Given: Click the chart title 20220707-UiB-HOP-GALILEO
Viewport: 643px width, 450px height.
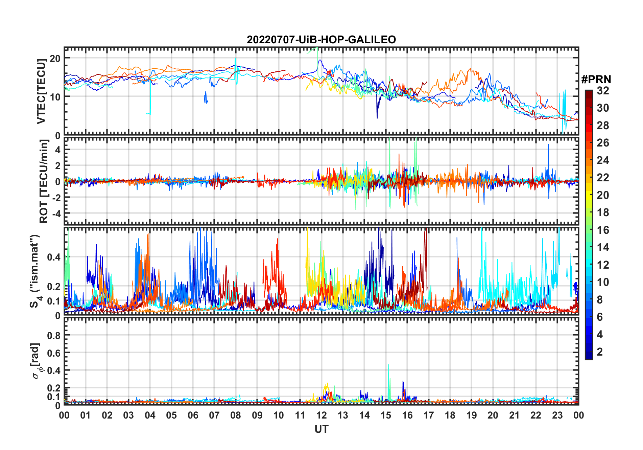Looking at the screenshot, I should pos(321,40).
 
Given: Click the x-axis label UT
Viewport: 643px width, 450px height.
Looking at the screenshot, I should pos(321,429).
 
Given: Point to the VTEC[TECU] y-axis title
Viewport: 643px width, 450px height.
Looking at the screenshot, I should pos(41,91).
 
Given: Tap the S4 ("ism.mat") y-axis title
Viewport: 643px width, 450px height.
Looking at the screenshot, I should pos(35,271).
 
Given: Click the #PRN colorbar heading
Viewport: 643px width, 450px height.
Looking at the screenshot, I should pos(596,80).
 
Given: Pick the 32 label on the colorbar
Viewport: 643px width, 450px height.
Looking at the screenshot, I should pos(603,91).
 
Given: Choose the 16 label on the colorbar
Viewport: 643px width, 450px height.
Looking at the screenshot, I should pos(603,230).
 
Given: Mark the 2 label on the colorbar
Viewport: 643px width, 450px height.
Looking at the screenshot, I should pos(600,352).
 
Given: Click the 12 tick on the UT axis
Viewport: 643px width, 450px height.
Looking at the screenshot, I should pos(321,415).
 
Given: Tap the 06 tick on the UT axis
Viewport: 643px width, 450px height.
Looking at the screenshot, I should pos(193,415).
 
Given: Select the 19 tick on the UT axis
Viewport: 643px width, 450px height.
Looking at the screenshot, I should pos(472,415).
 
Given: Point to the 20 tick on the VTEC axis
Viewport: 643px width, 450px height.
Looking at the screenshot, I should pos(55,58).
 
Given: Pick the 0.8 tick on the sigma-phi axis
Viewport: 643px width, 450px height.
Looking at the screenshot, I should pos(54,335).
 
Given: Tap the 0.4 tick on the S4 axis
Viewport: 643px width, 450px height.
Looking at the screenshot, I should pos(54,257).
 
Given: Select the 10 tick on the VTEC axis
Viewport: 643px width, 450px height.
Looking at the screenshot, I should pos(55,97).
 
